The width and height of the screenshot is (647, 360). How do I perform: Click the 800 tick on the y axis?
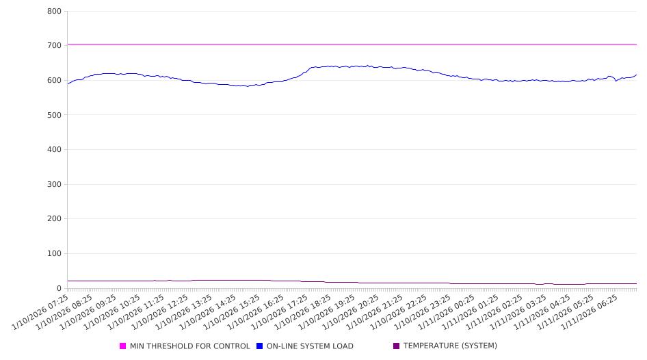pyautogui.click(x=55, y=12)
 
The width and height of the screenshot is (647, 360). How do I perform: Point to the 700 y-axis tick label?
pyautogui.click(x=55, y=46)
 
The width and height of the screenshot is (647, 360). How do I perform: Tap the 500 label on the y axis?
pyautogui.click(x=55, y=115)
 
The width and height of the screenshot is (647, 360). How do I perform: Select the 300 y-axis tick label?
pyautogui.click(x=55, y=184)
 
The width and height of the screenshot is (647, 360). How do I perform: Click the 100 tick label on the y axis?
pyautogui.click(x=55, y=254)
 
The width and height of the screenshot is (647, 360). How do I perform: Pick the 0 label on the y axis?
pyautogui.click(x=60, y=288)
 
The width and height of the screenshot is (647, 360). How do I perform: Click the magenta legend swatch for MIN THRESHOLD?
pyautogui.click(x=123, y=346)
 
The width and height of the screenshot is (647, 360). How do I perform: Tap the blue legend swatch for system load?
pyautogui.click(x=260, y=346)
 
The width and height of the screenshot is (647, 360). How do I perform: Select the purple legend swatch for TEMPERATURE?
pyautogui.click(x=397, y=346)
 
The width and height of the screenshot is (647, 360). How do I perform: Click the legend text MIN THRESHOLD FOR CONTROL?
pyautogui.click(x=189, y=346)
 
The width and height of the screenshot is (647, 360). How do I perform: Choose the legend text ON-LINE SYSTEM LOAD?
pyautogui.click(x=310, y=346)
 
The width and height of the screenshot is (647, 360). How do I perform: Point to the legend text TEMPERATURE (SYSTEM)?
pyautogui.click(x=450, y=346)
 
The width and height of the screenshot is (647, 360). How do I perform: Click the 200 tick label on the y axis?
pyautogui.click(x=55, y=219)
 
